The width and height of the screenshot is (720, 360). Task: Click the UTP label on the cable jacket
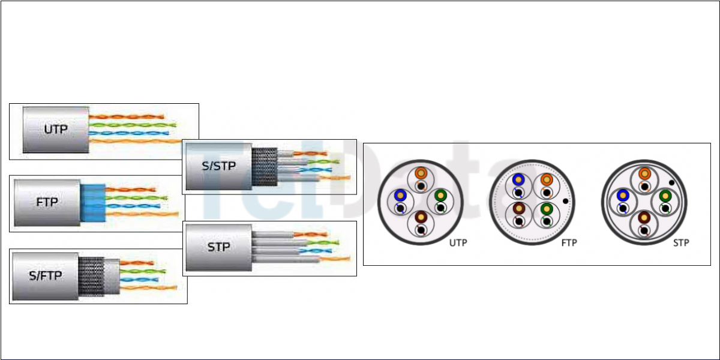(x=56, y=129)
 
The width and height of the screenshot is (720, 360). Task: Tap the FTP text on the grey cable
(x=47, y=202)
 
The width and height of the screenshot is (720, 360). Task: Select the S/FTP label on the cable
(x=45, y=276)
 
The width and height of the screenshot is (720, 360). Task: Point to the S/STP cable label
(x=218, y=166)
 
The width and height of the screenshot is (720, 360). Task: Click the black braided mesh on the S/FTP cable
(x=91, y=276)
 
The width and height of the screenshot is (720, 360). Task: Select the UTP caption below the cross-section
(x=458, y=243)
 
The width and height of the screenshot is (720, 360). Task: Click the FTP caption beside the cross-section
(x=569, y=243)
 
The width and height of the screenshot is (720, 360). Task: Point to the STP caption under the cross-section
(x=681, y=243)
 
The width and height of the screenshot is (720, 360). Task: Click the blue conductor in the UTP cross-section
(x=399, y=196)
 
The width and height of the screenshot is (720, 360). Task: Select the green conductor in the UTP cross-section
(x=440, y=195)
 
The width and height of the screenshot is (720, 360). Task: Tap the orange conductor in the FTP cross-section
(x=545, y=179)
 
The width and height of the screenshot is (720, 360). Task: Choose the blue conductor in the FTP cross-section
(x=518, y=179)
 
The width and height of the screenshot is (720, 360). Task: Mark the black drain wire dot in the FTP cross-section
(x=565, y=201)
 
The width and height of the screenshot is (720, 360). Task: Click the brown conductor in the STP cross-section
(x=644, y=218)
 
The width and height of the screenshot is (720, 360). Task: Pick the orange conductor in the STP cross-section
(x=644, y=173)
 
